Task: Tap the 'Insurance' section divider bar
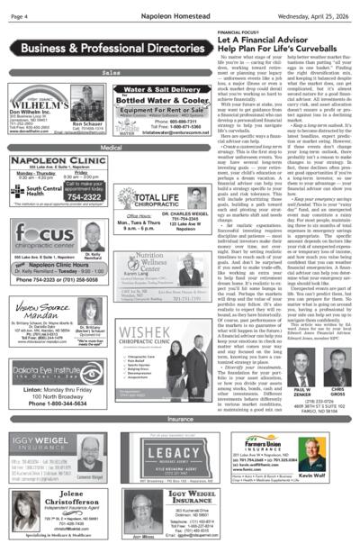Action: (181, 419)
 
